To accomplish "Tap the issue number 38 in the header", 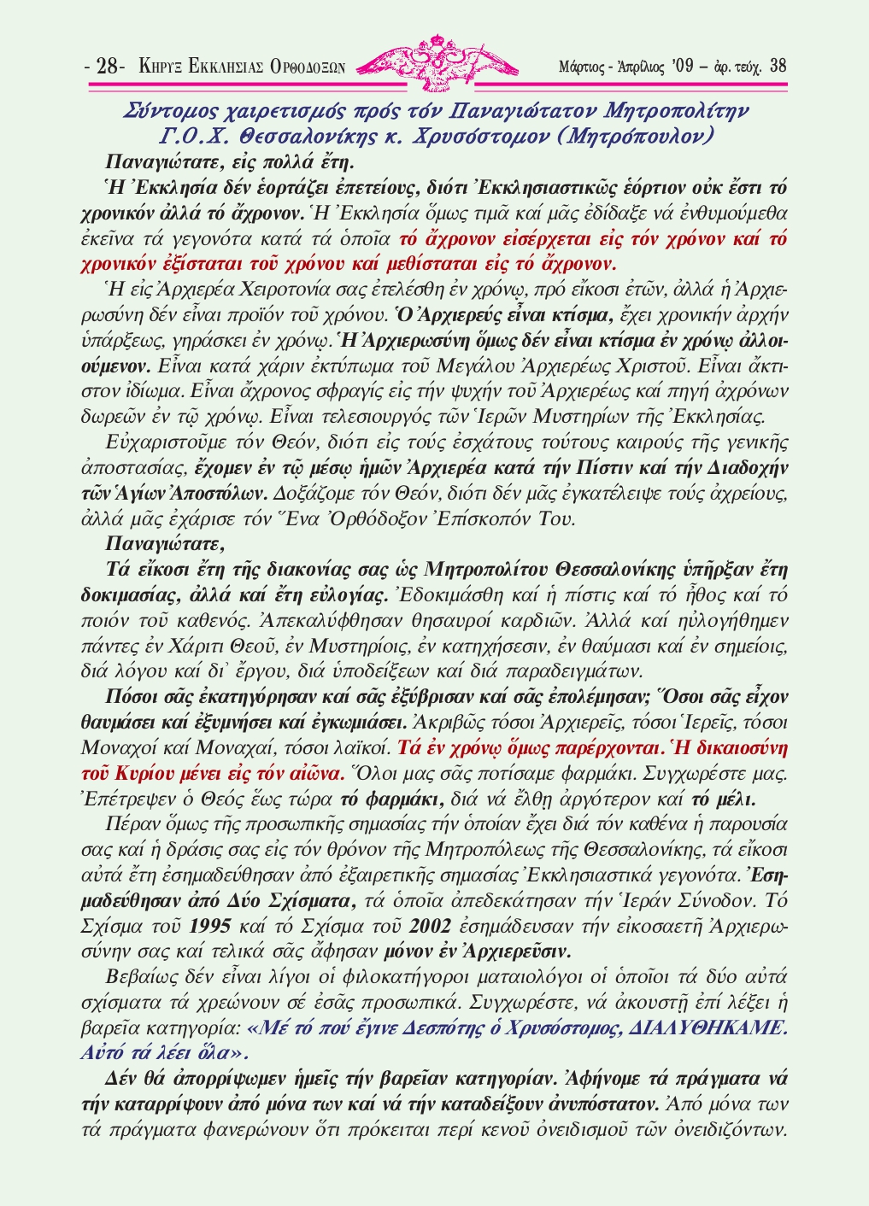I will [778, 66].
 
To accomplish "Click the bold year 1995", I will [208, 926].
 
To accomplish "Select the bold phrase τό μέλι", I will [722, 800].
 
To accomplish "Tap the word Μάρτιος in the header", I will [580, 67].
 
